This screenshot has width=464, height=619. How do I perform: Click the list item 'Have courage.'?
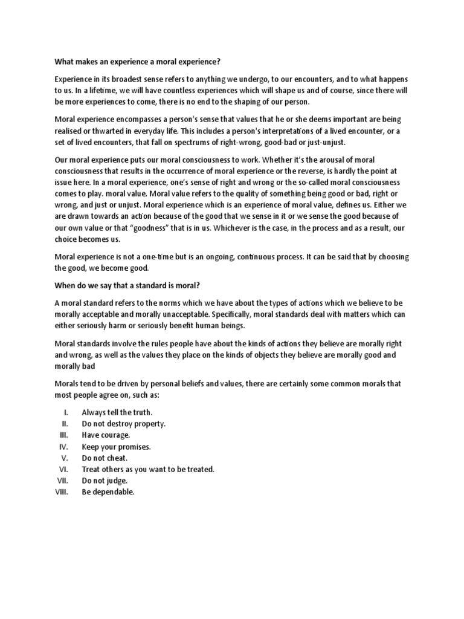coord(106,435)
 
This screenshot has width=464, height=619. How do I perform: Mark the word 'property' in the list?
coord(146,423)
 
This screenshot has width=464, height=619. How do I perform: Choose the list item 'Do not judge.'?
coord(105,481)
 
